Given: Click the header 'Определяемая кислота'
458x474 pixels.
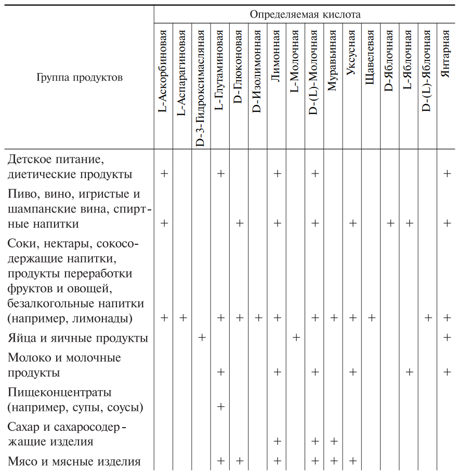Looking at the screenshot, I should tap(305, 14).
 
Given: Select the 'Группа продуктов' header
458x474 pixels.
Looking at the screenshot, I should tap(80, 78).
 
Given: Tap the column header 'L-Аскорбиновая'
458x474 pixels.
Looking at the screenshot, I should tap(164, 72).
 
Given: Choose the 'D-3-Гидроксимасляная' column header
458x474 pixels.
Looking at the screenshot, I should tap(202, 88).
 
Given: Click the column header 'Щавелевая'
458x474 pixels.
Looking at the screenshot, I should tap(371, 58).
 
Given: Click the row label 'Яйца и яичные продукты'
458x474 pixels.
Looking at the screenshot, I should tap(78, 338).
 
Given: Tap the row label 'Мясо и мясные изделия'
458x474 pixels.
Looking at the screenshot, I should tap(74, 461).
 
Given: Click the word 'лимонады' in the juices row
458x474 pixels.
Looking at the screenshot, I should tap(103, 318).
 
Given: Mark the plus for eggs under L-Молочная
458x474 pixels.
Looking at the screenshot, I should tap(296, 338).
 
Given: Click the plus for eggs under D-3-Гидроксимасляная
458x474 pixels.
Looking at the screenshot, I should tap(202, 338).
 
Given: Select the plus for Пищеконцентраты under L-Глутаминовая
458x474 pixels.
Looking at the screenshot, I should tap(220, 406).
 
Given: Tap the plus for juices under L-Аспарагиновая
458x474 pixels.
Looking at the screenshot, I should tap(183, 317).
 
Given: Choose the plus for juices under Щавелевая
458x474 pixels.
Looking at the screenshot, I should tap(371, 317).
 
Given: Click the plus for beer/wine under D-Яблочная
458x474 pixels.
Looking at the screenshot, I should tap(390, 223).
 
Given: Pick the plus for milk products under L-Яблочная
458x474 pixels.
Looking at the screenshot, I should tap(409, 372).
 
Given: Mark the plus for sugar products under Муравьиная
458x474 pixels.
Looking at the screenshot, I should tap(334, 441).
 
